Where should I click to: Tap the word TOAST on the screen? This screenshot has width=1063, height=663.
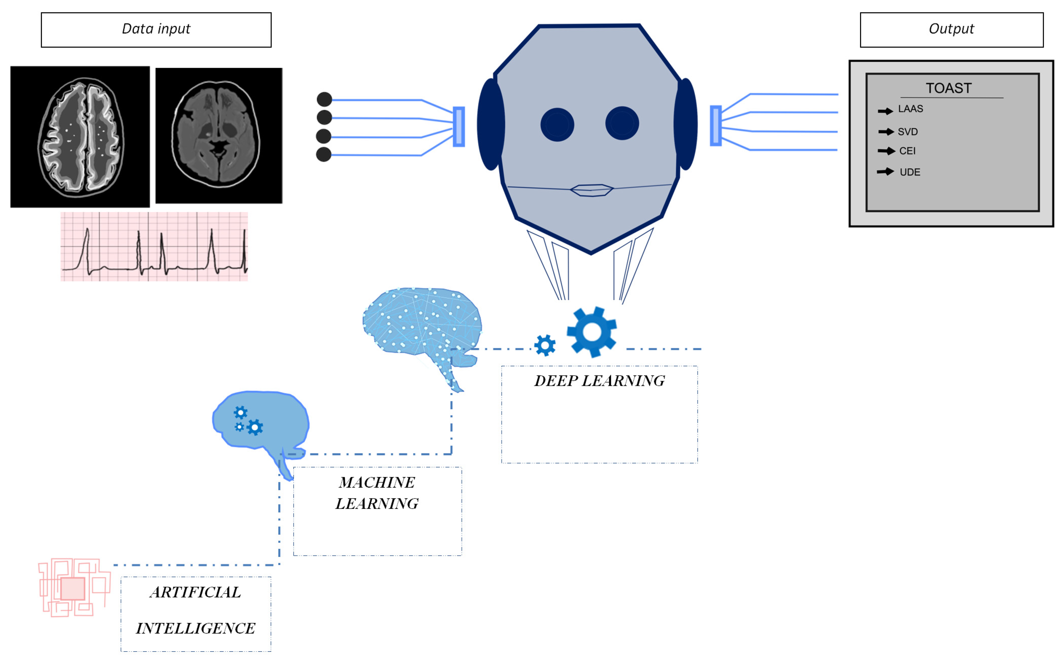[x=948, y=88]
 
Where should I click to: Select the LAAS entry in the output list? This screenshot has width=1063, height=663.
[x=910, y=109]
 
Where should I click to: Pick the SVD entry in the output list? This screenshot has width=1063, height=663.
[x=907, y=131]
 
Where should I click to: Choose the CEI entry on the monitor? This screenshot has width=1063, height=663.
[x=907, y=151]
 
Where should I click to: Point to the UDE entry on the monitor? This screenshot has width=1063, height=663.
[x=910, y=172]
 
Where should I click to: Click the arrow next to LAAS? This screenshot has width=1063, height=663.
[x=885, y=111]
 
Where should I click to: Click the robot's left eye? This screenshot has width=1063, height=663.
[x=557, y=124]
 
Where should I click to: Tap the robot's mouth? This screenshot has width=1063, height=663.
[x=591, y=190]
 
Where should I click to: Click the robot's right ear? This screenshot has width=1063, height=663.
[x=686, y=124]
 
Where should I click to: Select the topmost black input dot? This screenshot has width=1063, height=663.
[x=324, y=99]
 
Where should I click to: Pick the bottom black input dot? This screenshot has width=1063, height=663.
[x=323, y=154]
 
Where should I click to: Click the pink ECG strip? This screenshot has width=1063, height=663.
[x=154, y=246]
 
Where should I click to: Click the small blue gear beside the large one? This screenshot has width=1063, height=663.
[x=545, y=345]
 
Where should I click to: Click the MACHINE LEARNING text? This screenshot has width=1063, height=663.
[x=377, y=493]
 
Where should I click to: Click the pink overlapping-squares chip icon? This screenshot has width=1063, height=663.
[x=73, y=588]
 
